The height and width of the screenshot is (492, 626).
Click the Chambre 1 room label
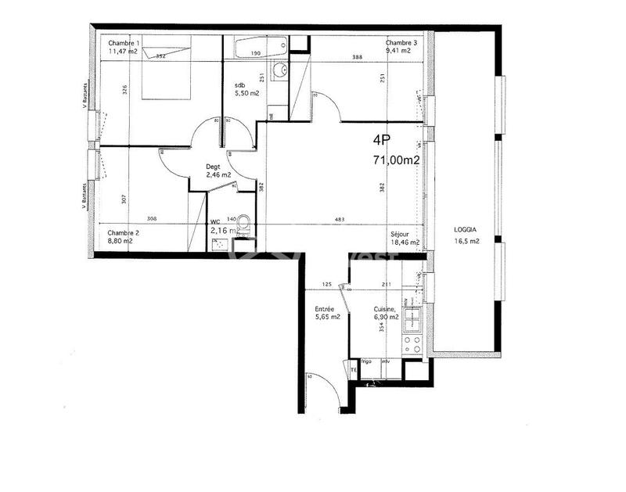click(124, 42)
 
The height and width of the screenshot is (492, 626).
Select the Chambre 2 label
click(123, 232)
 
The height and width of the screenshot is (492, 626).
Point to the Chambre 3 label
click(401, 42)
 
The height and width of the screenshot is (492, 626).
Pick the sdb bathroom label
click(240, 85)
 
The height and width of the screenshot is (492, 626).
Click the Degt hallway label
click(212, 167)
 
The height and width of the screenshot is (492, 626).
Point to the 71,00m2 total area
click(396, 160)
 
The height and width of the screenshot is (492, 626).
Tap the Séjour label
click(401, 234)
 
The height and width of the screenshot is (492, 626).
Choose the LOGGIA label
click(466, 229)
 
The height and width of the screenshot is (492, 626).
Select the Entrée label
click(325, 309)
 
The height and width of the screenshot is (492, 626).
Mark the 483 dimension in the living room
click(340, 220)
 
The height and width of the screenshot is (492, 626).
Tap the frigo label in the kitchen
click(365, 362)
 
